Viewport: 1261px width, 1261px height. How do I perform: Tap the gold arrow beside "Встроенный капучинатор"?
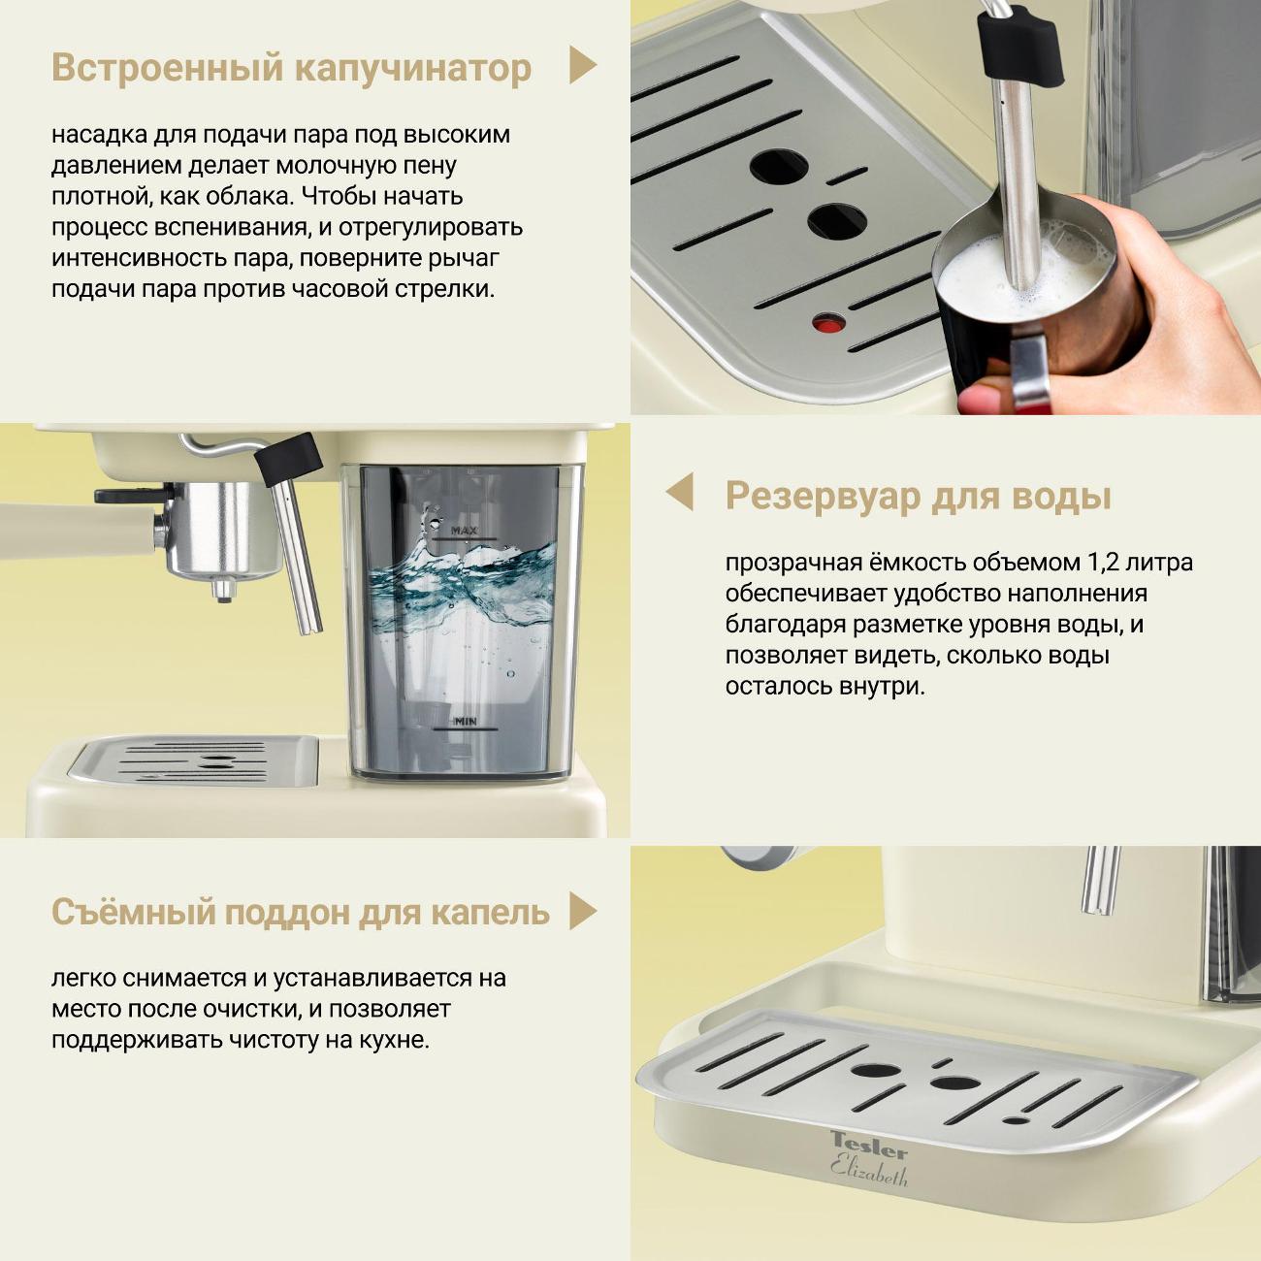tap(582, 65)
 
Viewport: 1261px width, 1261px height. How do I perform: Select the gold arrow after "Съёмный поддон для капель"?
tap(582, 910)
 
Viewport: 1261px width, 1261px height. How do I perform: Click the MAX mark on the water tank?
tap(464, 530)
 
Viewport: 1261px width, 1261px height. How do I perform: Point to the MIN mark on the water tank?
tap(466, 722)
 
